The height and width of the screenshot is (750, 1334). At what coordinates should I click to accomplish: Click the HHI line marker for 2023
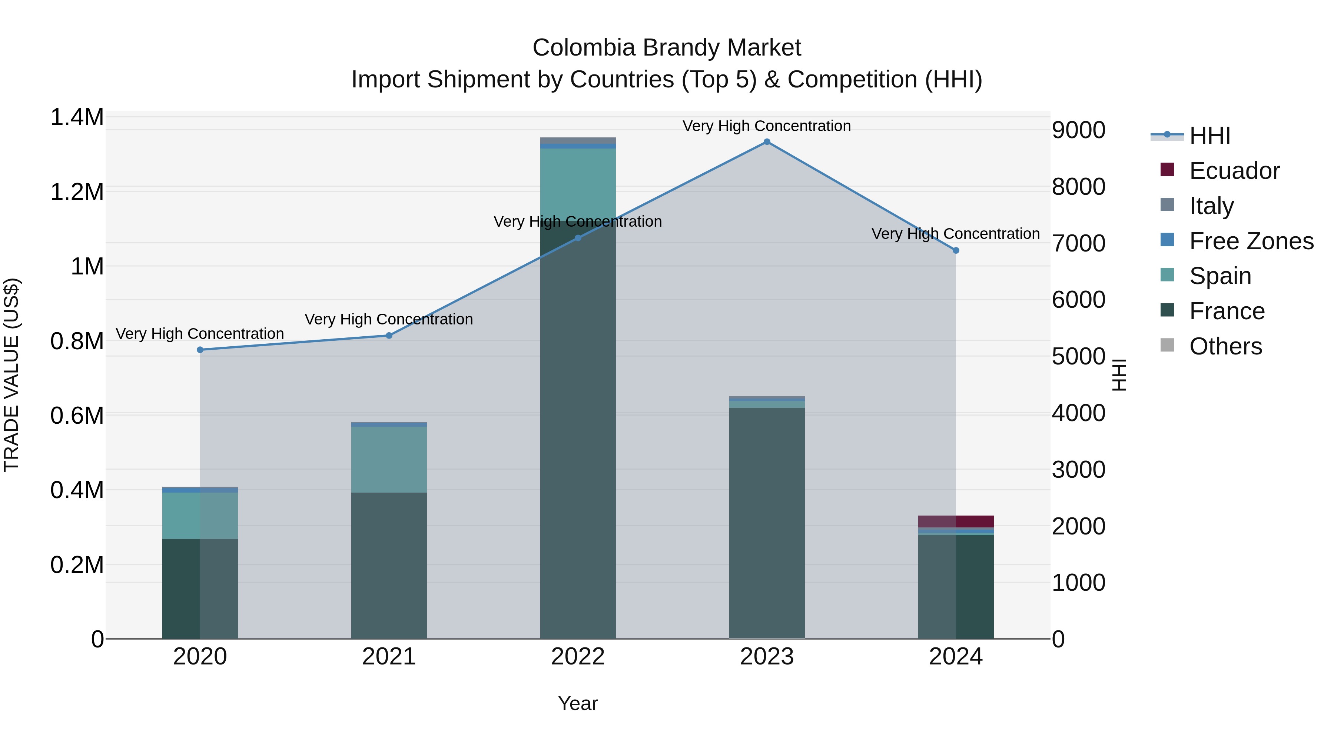click(767, 142)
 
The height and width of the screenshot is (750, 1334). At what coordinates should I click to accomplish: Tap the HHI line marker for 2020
click(200, 350)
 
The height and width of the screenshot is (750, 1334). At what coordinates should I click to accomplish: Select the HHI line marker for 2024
click(956, 250)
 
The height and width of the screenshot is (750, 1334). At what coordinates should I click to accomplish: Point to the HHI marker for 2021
click(389, 336)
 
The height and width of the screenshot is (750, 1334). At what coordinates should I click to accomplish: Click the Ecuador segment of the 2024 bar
click(956, 521)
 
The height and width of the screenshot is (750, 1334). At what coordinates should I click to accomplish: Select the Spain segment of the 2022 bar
click(578, 184)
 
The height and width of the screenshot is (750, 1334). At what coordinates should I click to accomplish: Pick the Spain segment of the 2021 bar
click(389, 459)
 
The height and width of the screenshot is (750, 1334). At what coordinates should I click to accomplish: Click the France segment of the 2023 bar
click(767, 523)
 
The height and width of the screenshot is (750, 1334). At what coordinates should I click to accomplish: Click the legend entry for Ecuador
click(1234, 171)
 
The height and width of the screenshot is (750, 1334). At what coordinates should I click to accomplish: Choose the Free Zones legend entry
click(1251, 241)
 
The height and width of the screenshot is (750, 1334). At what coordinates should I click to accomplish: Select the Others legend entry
click(1225, 346)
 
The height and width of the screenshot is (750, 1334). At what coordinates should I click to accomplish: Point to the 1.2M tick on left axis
click(77, 192)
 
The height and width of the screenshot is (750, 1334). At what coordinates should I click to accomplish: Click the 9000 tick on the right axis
click(1079, 130)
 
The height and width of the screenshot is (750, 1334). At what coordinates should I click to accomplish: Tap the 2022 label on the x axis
click(578, 657)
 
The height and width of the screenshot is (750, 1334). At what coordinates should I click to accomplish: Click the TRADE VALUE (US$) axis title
click(11, 375)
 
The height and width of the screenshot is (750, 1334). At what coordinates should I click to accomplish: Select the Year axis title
click(578, 703)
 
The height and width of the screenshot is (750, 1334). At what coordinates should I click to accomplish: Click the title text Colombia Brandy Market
click(667, 48)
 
